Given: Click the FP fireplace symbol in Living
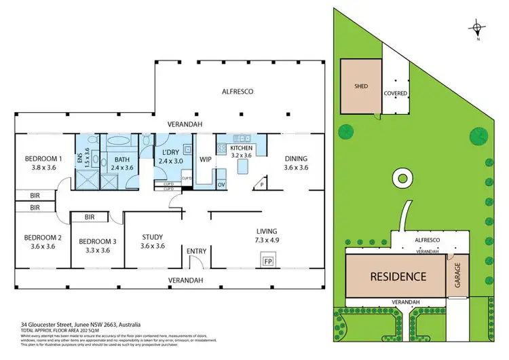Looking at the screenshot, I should click(267, 259).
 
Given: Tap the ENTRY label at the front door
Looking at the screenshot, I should click(196, 252).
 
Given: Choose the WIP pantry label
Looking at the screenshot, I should click(206, 161).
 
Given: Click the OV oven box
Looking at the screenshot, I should click(221, 184).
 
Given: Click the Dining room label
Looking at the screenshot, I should click(295, 159).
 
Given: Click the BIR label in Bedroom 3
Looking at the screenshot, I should click(90, 218).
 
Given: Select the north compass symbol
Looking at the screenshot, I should click(478, 29).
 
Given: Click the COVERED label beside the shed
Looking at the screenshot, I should click(395, 94).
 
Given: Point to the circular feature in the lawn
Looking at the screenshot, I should click(402, 179).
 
